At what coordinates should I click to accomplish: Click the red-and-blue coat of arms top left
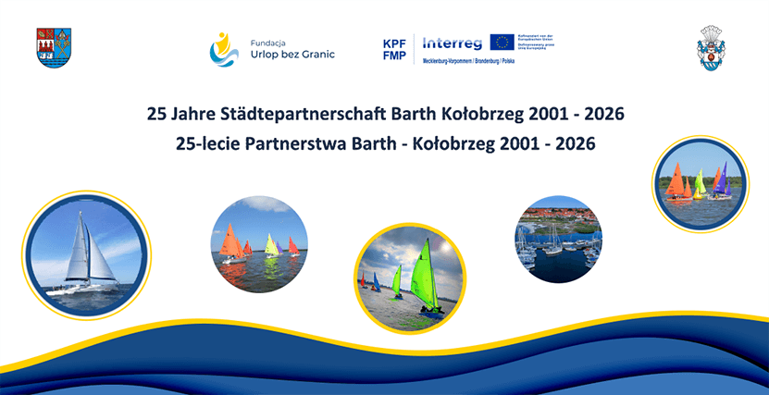point(53,46)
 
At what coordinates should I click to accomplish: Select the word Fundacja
point(270,40)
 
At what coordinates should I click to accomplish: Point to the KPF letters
point(394,43)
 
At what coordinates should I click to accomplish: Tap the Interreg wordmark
point(453,43)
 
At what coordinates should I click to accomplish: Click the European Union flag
point(502,43)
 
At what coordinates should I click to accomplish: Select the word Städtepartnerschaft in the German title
point(305,115)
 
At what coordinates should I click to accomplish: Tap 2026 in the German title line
point(601,115)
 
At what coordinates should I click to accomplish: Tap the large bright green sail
point(425,275)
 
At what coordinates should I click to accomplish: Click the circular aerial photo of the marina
point(558,239)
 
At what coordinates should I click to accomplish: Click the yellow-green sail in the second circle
point(271,244)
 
